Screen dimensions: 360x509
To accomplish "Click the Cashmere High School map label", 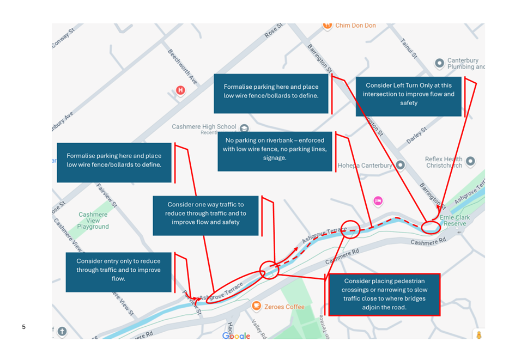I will point(204,127).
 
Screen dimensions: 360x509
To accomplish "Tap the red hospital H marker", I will point(180,90).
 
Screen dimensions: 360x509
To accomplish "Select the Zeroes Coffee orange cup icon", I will point(256,306).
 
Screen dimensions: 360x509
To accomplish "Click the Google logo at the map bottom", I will point(236,336).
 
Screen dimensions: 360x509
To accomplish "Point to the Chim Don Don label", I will point(355,26).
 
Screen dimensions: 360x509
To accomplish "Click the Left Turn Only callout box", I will point(408,94).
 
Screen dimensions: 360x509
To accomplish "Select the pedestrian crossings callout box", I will point(384,295).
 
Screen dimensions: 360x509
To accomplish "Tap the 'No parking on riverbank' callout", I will point(275,149).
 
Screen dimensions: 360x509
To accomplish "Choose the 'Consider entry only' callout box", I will point(118,270).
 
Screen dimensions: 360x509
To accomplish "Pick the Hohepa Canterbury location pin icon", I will point(400,165).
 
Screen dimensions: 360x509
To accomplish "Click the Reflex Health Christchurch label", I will point(444,162).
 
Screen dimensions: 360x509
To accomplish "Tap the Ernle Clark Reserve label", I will point(455,220).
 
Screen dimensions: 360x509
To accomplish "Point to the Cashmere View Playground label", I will point(93,221).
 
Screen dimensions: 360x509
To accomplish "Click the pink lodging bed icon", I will point(378,200).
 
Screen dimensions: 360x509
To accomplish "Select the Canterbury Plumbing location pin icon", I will point(439,63).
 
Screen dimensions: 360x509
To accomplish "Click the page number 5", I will point(23,327).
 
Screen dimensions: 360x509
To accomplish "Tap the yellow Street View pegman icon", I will point(478,334).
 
